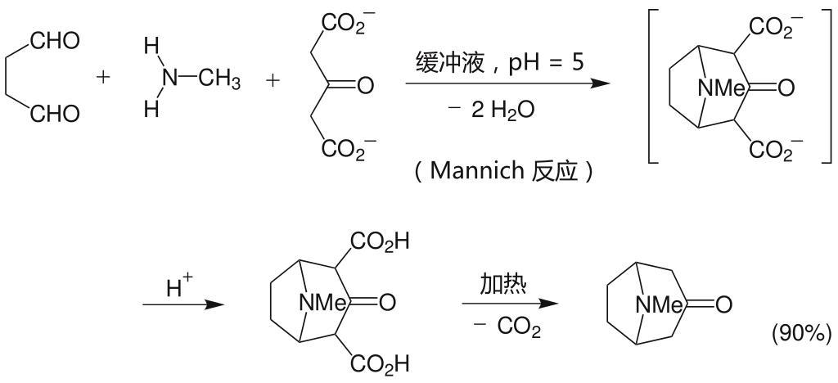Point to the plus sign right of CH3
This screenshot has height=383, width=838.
point(273,81)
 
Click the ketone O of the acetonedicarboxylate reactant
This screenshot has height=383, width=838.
point(365,83)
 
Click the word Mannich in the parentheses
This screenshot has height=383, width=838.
point(475,171)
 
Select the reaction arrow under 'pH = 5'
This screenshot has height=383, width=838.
point(507,83)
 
